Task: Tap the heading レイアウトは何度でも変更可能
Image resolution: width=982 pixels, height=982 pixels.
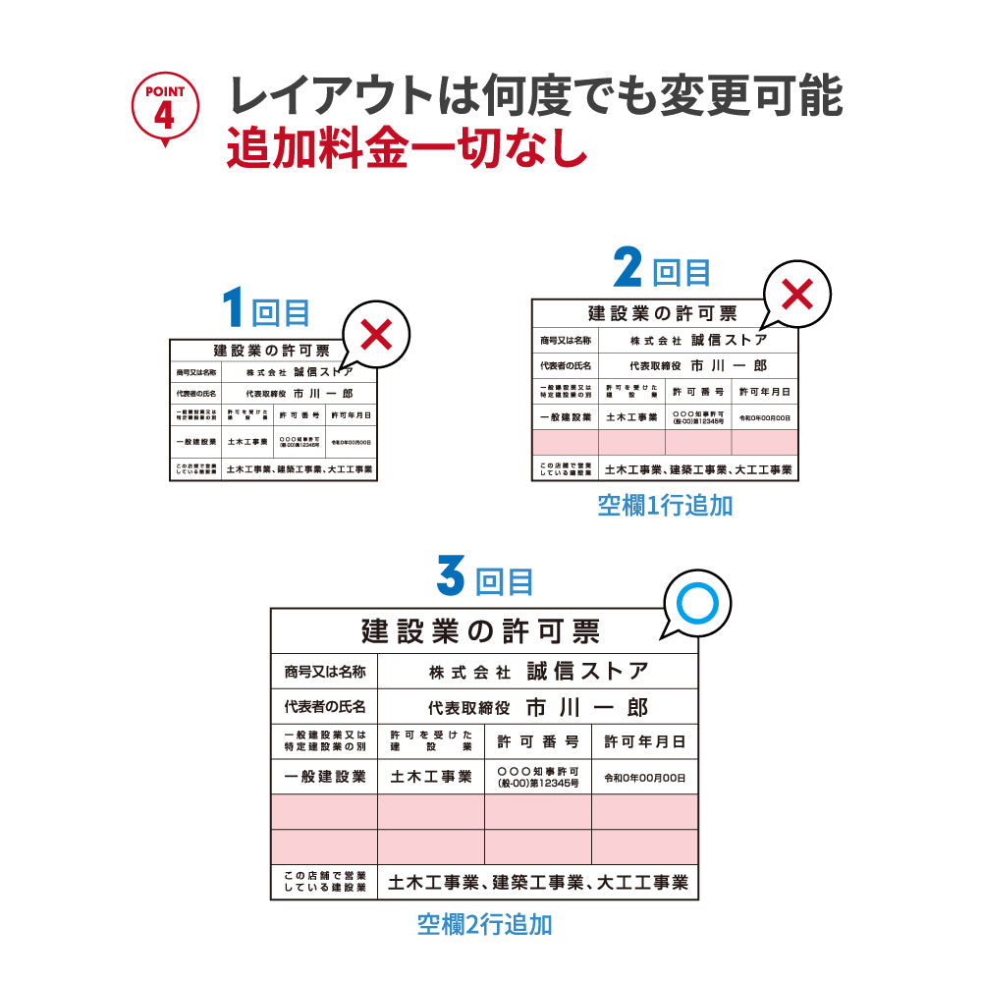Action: point(535,96)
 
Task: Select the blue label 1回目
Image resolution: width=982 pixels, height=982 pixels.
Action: point(266,310)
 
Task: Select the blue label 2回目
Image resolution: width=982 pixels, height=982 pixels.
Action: point(662,269)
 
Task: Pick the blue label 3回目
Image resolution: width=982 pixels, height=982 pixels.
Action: point(485,578)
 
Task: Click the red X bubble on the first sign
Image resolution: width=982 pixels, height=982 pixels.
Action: point(376,335)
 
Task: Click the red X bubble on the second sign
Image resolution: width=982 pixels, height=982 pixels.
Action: point(799,294)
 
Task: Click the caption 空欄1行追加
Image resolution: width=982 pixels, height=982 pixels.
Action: point(665,506)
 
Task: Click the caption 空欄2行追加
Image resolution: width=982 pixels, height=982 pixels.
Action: point(484,924)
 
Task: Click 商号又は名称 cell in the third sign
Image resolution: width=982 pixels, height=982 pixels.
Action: point(324,672)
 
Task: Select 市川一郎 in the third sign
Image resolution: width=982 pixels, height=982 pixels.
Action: point(586,707)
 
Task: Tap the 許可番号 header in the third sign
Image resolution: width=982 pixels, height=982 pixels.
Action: point(537,741)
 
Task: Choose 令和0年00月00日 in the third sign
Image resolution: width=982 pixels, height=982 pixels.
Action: point(644,778)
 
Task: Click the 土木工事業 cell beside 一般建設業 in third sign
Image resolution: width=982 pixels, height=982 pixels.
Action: point(431,777)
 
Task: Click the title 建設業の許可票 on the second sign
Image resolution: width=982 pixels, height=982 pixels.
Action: point(662,313)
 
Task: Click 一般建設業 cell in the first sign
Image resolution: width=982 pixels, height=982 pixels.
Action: point(196,442)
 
